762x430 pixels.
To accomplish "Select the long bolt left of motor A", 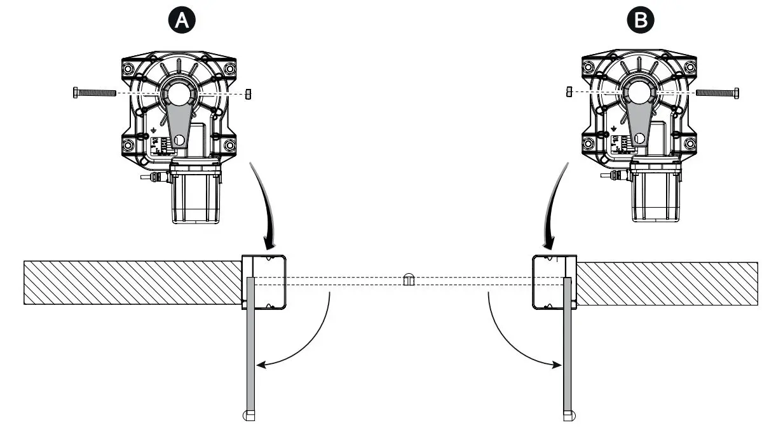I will point(95,93).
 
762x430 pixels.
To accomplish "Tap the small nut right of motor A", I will point(249,93).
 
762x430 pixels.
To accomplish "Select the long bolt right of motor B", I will point(718,93).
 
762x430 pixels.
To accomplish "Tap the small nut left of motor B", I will point(568,93).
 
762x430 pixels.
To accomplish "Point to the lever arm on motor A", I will point(179,127).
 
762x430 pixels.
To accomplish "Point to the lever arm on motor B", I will point(639,127).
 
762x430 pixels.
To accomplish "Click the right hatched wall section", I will point(667,283).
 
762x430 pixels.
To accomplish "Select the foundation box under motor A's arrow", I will point(264,282).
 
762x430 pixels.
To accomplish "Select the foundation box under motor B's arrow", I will point(554,282).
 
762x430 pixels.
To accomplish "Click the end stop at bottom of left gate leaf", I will point(249,416).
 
